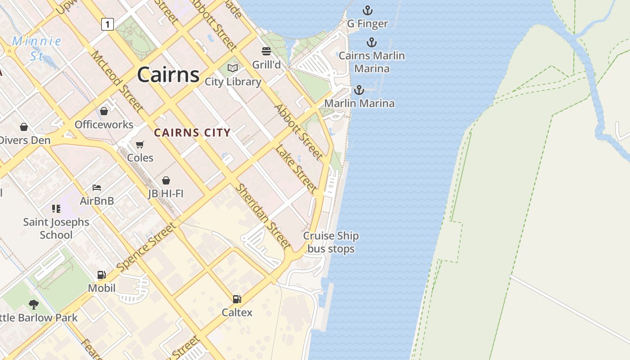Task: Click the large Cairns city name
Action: [x=168, y=74]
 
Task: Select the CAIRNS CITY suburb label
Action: [x=192, y=133]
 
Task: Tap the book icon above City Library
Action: [x=233, y=68]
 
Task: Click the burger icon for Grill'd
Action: [x=266, y=51]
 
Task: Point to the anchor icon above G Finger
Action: [x=368, y=10]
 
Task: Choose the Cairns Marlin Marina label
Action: [x=372, y=62]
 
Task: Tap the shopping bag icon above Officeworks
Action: [x=104, y=111]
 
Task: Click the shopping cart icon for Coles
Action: [x=140, y=144]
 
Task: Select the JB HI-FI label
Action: [x=166, y=193]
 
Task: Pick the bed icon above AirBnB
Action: [x=97, y=188]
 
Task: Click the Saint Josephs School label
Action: [x=56, y=228]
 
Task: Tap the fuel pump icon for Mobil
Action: [x=102, y=275]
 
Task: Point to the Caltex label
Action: [x=237, y=312]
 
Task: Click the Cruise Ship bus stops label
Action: [x=331, y=242]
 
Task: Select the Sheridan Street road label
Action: [x=264, y=216]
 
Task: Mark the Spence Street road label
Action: [x=146, y=247]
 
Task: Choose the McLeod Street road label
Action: [x=118, y=81]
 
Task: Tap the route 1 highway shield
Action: [x=107, y=24]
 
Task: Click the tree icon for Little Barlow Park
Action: [x=34, y=305]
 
